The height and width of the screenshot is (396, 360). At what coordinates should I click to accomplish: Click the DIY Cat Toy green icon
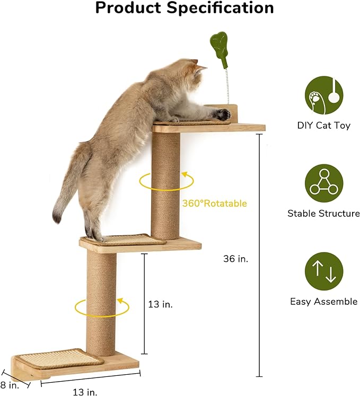point(323,95)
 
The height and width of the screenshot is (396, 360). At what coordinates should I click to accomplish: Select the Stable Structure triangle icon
point(323,182)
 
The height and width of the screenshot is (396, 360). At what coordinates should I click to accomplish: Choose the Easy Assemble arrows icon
point(323,270)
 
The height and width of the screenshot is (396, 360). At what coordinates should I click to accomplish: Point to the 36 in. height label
point(236,259)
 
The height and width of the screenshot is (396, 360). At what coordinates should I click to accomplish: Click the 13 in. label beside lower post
point(160,304)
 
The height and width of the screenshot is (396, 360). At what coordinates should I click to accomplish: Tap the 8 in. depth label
point(10,385)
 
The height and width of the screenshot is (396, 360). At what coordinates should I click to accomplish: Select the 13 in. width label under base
point(84,392)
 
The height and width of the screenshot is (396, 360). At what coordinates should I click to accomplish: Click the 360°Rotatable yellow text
point(214,203)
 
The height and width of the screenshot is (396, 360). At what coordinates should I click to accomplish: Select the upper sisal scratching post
point(166,186)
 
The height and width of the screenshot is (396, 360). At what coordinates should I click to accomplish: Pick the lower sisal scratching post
point(101,302)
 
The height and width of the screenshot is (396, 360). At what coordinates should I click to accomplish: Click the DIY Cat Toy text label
point(323,126)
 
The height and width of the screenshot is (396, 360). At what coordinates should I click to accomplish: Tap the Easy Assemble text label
point(323,302)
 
